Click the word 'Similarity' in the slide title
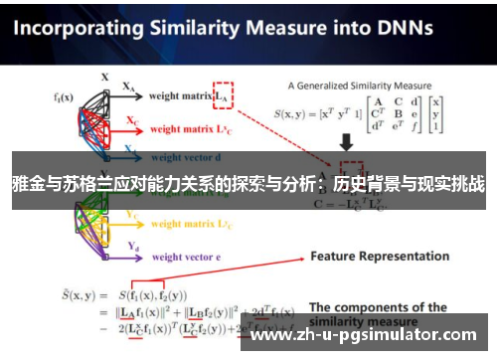209,29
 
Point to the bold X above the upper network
105,76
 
